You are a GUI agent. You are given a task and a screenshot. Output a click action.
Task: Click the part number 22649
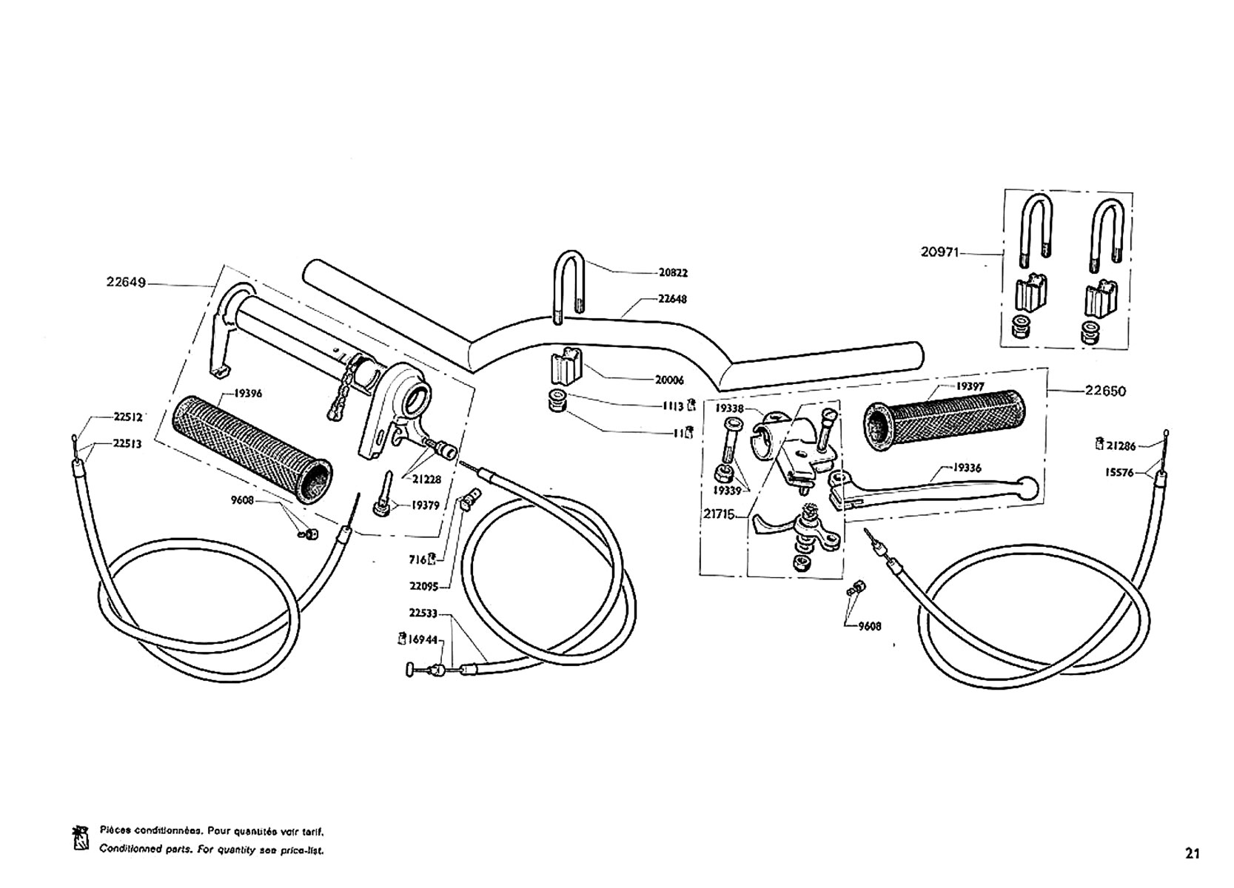[126, 282]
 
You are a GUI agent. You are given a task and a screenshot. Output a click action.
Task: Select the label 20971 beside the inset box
[939, 252]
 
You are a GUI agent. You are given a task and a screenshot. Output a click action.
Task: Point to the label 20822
[673, 272]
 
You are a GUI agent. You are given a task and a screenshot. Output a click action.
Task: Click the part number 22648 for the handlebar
[672, 300]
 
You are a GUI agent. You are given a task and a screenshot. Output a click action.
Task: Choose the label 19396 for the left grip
[248, 394]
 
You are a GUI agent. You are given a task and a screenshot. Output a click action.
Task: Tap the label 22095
[423, 587]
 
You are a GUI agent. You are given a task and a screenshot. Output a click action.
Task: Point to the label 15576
[1119, 473]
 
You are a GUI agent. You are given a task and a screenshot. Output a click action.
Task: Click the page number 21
[1192, 853]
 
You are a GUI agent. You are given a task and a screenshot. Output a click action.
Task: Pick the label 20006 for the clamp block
[669, 380]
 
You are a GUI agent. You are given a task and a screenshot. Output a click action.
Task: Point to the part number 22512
[128, 417]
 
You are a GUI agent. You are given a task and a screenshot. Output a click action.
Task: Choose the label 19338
[729, 408]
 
